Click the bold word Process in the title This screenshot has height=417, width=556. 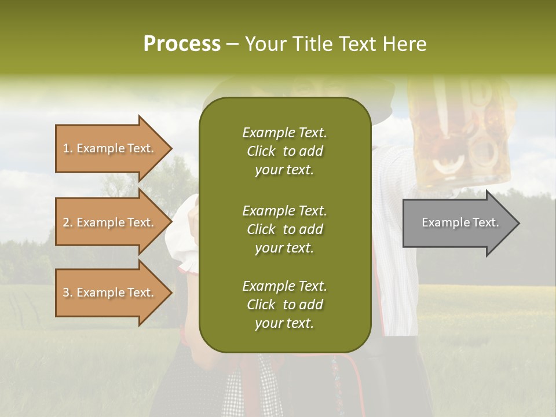click(x=182, y=44)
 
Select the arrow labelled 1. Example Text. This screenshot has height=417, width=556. click(x=110, y=148)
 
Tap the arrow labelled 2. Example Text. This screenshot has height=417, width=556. click(x=110, y=222)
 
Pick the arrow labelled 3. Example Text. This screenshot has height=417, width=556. click(x=110, y=292)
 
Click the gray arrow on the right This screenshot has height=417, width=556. click(x=458, y=223)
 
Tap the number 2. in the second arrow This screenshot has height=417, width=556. click(x=68, y=222)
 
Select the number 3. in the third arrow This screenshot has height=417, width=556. click(x=68, y=292)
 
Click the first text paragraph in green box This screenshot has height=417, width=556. click(x=284, y=151)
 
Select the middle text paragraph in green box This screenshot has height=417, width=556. click(x=284, y=229)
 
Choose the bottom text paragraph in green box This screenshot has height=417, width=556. click(x=284, y=305)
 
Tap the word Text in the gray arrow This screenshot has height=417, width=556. click(x=485, y=222)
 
